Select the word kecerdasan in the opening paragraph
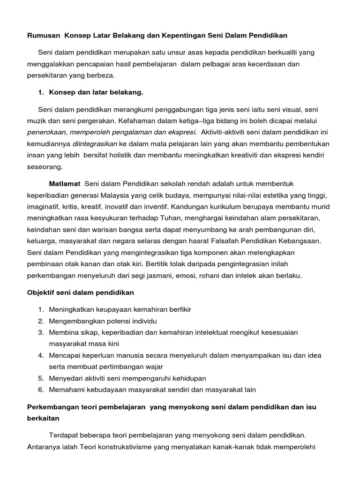point(276,63)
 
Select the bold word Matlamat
point(65,183)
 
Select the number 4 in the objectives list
point(41,355)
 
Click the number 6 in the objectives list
point(41,390)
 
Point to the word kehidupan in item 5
point(189,378)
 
